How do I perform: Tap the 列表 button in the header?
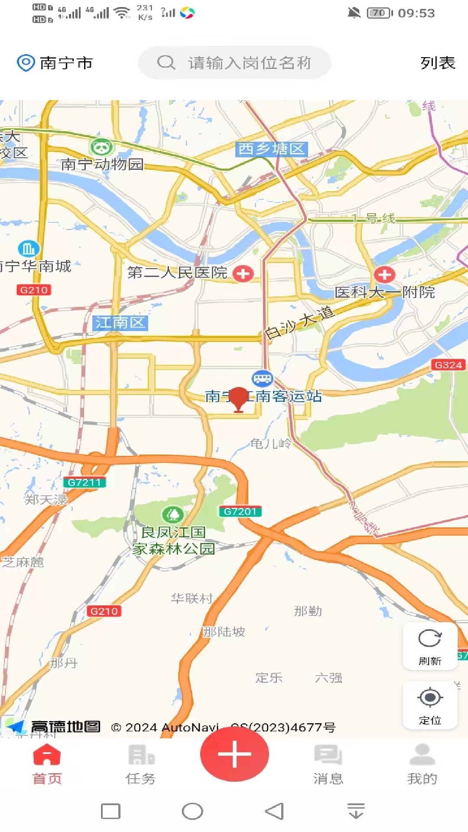(x=438, y=63)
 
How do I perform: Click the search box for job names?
(x=234, y=63)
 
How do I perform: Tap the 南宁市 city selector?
(x=55, y=63)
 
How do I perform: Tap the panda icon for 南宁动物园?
(x=101, y=148)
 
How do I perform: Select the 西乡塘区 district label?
(x=272, y=149)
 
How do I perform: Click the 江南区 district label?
(x=120, y=323)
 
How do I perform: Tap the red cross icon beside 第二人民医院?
(x=243, y=273)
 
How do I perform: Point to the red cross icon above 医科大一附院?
(x=385, y=274)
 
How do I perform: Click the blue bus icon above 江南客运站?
(x=262, y=378)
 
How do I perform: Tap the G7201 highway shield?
(x=240, y=511)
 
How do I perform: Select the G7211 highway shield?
(x=84, y=482)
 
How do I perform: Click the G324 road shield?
(x=448, y=365)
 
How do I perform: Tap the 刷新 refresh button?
(x=430, y=646)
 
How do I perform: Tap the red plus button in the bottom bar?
(x=234, y=754)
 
